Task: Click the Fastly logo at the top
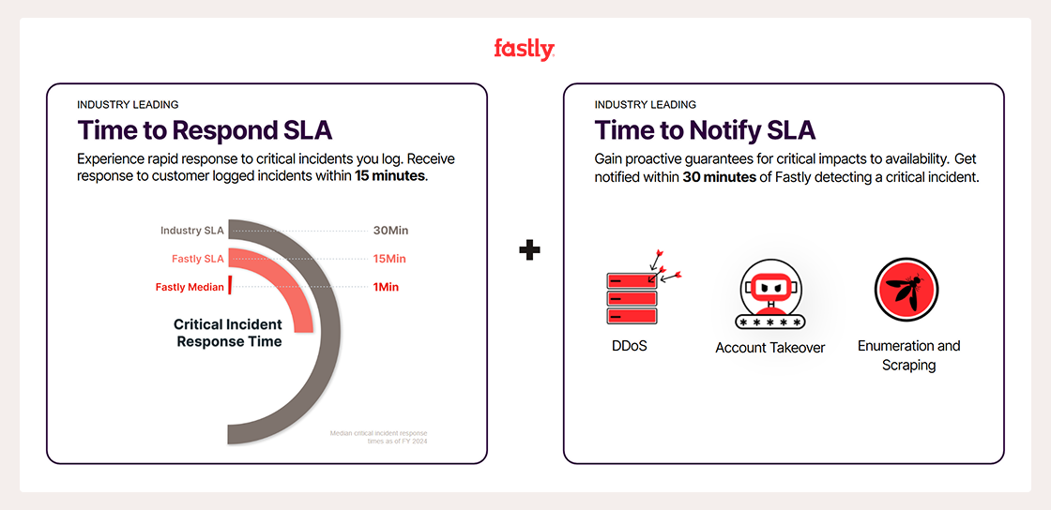click(x=525, y=50)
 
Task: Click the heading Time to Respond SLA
click(x=205, y=129)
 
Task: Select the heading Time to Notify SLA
click(x=705, y=129)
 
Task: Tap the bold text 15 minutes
click(x=390, y=175)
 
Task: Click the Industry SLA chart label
click(x=191, y=231)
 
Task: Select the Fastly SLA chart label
click(x=197, y=259)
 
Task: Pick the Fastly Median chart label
click(x=190, y=287)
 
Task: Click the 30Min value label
click(x=390, y=231)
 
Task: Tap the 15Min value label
click(x=390, y=259)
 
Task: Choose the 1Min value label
click(x=386, y=287)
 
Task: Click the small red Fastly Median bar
click(x=229, y=286)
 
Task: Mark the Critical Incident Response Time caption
click(x=228, y=333)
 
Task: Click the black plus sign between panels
click(x=529, y=249)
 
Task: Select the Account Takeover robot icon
click(x=770, y=293)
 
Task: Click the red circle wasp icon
click(x=906, y=290)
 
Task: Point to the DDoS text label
click(x=629, y=346)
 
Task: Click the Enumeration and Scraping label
click(x=908, y=355)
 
